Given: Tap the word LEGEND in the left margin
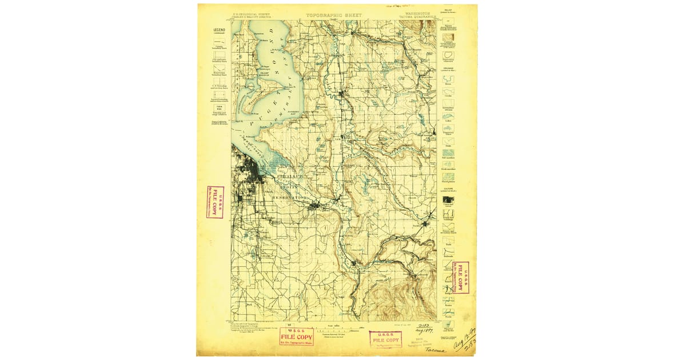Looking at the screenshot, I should click(x=220, y=30).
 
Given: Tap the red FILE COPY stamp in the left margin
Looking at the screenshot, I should click(x=215, y=202).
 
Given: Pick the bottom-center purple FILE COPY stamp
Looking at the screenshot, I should click(x=385, y=339).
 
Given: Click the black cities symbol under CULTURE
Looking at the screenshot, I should click(x=449, y=199).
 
